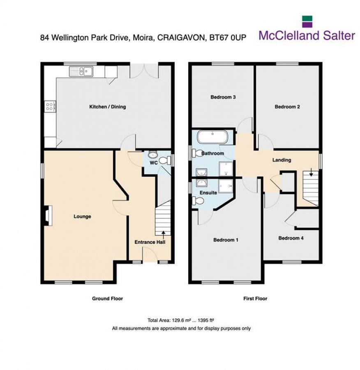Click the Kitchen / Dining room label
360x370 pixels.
[x=108, y=107]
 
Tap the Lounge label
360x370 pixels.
[x=82, y=217]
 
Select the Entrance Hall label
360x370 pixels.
[x=150, y=243]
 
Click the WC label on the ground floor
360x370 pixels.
[x=153, y=163]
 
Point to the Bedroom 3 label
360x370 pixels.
[x=223, y=97]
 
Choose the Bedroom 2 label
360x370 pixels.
[x=287, y=107]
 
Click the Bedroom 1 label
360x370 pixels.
[x=226, y=240]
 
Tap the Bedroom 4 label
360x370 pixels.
[x=291, y=238]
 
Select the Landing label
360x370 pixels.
[x=282, y=160]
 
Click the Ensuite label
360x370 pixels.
[x=208, y=192]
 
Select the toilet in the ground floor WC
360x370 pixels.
[x=165, y=161]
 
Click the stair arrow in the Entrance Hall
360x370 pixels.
[x=164, y=234]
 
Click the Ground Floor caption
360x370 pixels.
[x=107, y=298]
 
